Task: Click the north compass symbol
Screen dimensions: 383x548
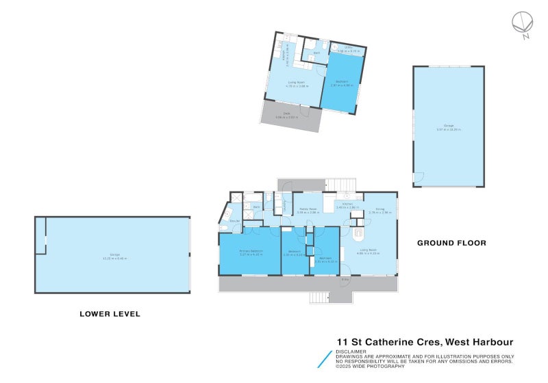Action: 522,23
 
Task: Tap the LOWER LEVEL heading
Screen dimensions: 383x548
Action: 110,314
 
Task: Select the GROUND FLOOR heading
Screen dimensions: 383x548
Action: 451,243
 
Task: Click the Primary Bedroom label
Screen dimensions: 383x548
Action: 251,252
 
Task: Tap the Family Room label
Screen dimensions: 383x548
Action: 307,209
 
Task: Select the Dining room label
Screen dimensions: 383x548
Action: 379,209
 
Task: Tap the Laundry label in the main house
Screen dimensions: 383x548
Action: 285,203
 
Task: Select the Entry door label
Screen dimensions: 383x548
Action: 345,280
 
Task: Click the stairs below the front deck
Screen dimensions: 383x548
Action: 319,298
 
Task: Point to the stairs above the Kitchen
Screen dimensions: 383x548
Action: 341,184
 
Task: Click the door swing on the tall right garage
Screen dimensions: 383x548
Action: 418,179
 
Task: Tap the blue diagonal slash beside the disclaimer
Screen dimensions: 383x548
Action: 324,360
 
